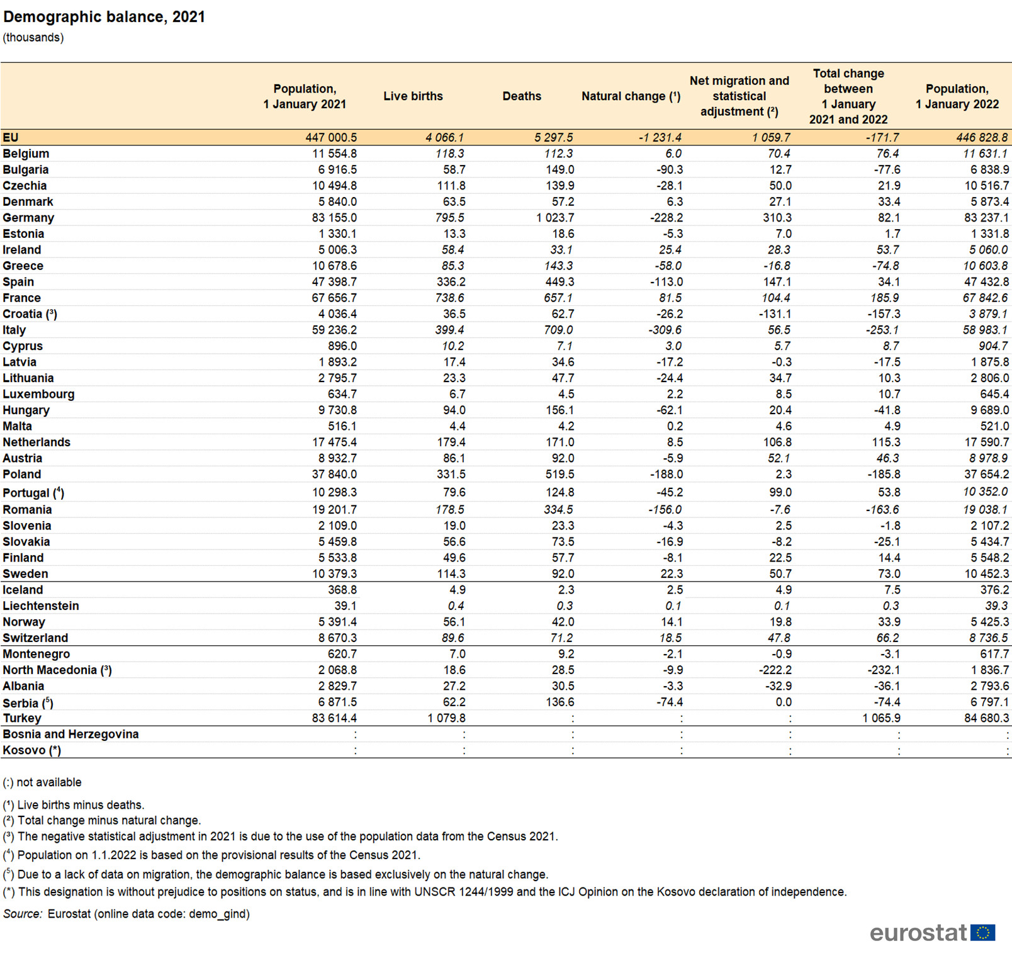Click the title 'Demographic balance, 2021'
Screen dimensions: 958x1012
(x=104, y=17)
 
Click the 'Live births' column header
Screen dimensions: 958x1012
(x=413, y=96)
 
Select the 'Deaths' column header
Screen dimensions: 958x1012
(x=521, y=96)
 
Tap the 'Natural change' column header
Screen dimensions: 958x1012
(x=630, y=96)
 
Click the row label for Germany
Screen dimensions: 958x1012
(x=28, y=218)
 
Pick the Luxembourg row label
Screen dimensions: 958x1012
(x=38, y=394)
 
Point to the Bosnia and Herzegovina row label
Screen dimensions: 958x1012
(x=70, y=734)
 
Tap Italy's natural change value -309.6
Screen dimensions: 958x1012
(x=665, y=330)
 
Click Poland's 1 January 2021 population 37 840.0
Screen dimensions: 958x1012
(x=334, y=475)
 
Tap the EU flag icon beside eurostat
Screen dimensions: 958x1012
(x=982, y=932)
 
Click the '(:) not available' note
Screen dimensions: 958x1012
(x=42, y=782)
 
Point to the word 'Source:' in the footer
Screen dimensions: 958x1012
(x=23, y=914)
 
